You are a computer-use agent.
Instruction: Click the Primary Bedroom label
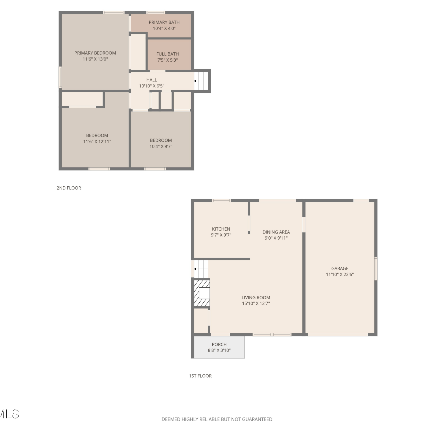pyautogui.click(x=95, y=53)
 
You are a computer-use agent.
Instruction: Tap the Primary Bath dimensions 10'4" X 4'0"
pyautogui.click(x=164, y=28)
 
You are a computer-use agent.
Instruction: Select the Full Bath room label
pyautogui.click(x=168, y=54)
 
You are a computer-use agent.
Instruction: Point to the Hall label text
pyautogui.click(x=152, y=80)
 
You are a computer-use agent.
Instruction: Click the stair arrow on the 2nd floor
pyautogui.click(x=201, y=81)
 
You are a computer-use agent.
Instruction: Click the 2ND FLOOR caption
pyautogui.click(x=69, y=188)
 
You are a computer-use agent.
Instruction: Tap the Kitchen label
pyautogui.click(x=221, y=229)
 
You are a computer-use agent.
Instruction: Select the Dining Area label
pyautogui.click(x=276, y=232)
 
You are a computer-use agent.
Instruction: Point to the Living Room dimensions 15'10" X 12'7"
pyautogui.click(x=256, y=304)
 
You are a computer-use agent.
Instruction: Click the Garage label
pyautogui.click(x=340, y=269)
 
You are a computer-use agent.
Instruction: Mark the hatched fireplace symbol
pyautogui.click(x=202, y=293)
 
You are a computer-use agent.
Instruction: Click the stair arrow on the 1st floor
pyautogui.click(x=201, y=269)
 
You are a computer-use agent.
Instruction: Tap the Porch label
pyautogui.click(x=219, y=344)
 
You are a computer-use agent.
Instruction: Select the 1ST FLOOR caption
pyautogui.click(x=200, y=376)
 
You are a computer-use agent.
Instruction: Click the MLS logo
pyautogui.click(x=9, y=414)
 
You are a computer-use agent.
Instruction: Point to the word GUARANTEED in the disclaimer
pyautogui.click(x=257, y=419)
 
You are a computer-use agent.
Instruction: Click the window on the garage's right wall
pyautogui.click(x=376, y=269)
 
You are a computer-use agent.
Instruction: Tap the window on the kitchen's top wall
pyautogui.click(x=221, y=201)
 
